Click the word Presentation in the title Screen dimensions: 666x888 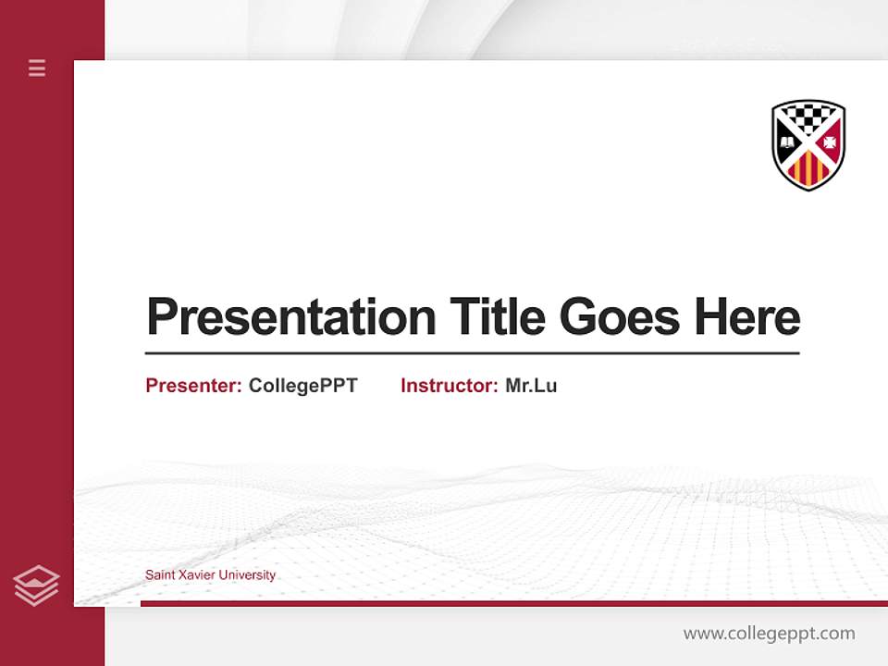(x=290, y=317)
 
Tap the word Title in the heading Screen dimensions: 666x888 (x=497, y=317)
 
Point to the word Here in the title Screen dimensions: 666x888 (x=747, y=317)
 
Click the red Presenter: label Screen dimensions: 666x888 (x=193, y=386)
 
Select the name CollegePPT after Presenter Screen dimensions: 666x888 (x=302, y=386)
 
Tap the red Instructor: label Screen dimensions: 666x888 (x=449, y=386)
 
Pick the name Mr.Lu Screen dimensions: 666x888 (x=531, y=386)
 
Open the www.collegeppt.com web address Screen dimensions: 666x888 (x=769, y=634)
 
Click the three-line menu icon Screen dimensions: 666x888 (x=37, y=68)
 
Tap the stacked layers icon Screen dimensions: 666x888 (x=36, y=586)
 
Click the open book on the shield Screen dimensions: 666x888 (x=786, y=142)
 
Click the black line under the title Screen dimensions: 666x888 (x=472, y=353)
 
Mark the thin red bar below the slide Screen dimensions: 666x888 (x=513, y=603)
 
